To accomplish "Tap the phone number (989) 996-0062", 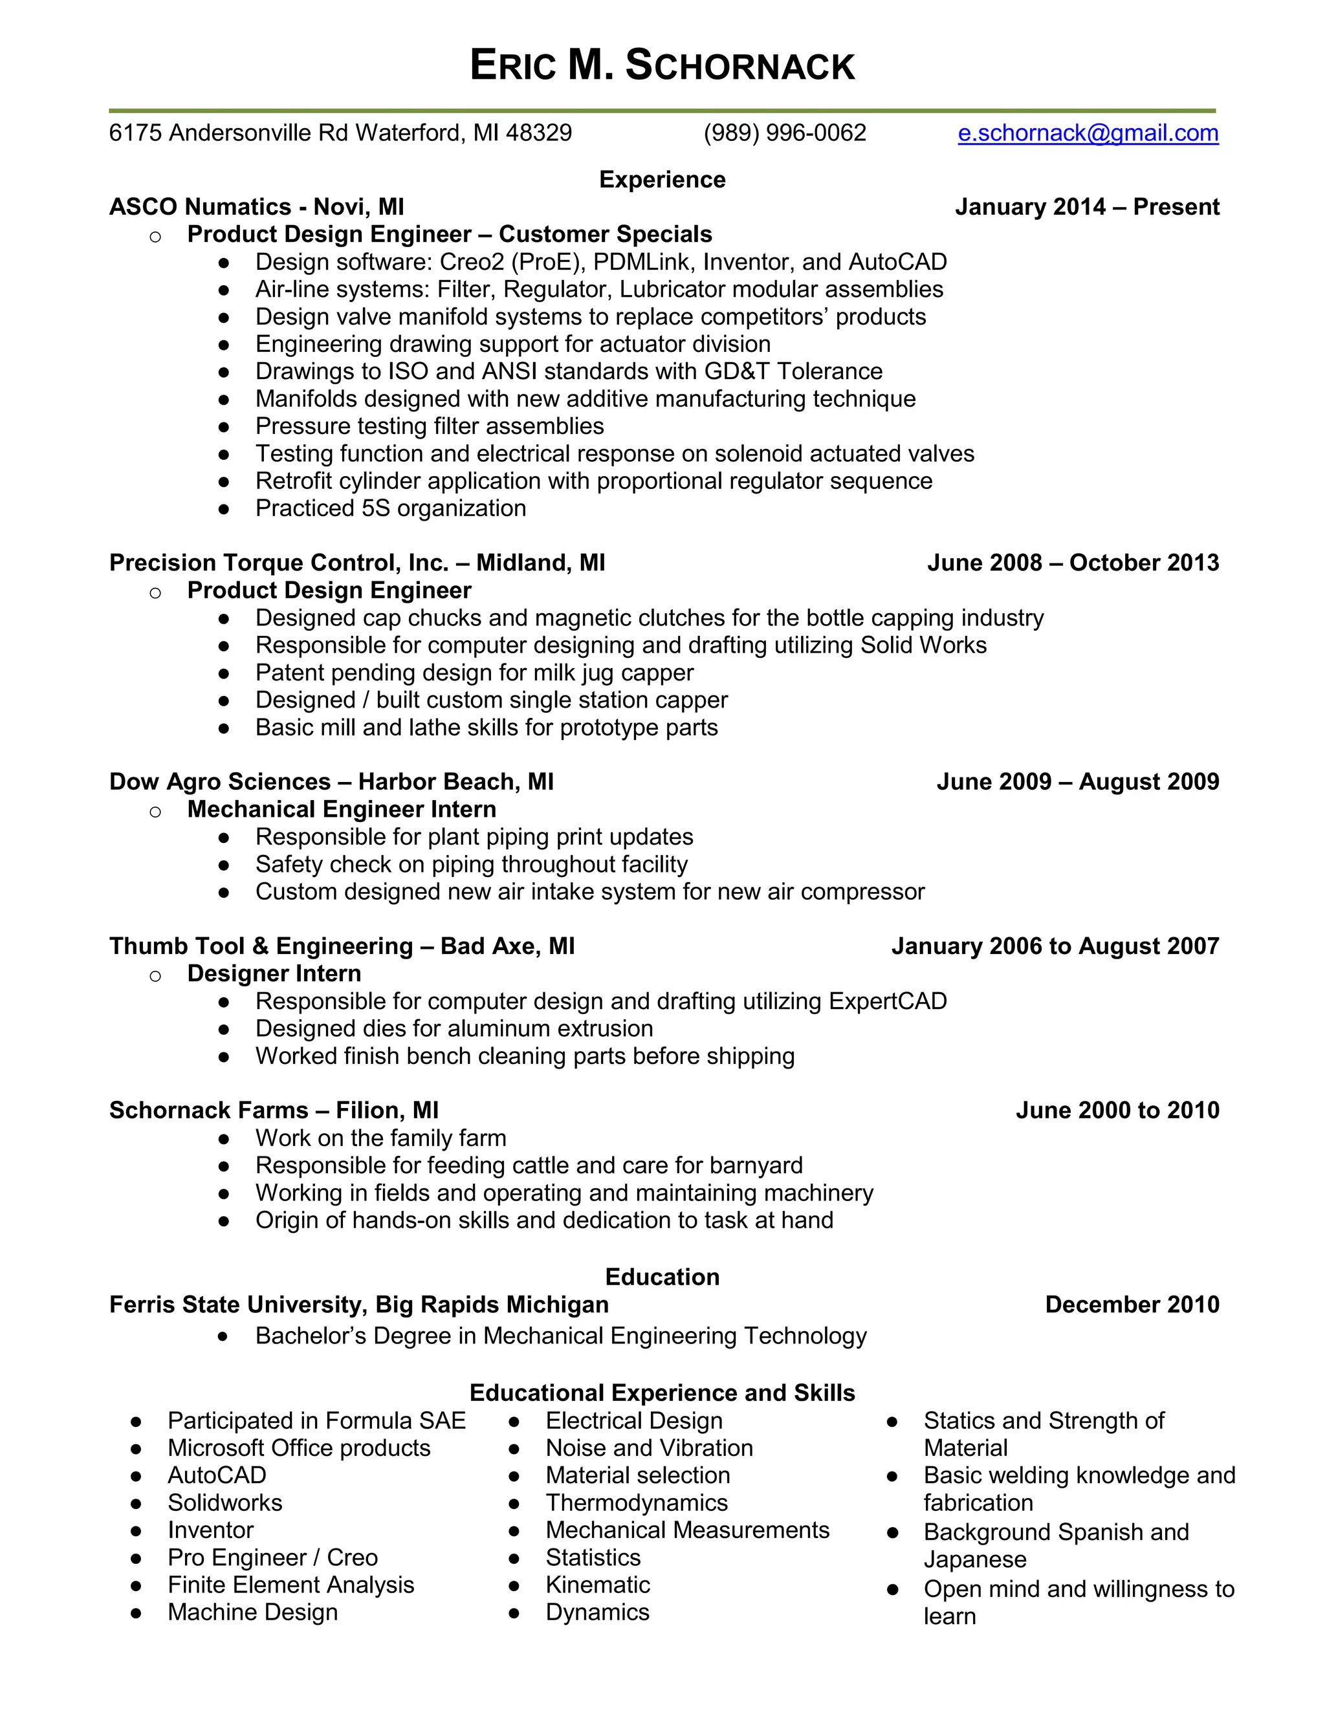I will point(784,133).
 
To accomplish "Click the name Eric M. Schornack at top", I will point(662,65).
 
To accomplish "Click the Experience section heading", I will point(662,180).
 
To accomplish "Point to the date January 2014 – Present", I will point(1086,207).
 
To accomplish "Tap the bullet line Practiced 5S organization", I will point(390,508).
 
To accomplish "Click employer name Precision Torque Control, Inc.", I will point(279,563).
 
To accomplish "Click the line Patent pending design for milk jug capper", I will point(474,673).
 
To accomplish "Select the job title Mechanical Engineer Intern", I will point(342,809).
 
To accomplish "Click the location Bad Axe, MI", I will point(507,946).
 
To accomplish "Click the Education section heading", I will point(662,1277).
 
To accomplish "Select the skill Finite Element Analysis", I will point(290,1585).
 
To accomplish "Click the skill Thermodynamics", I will point(637,1503).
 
